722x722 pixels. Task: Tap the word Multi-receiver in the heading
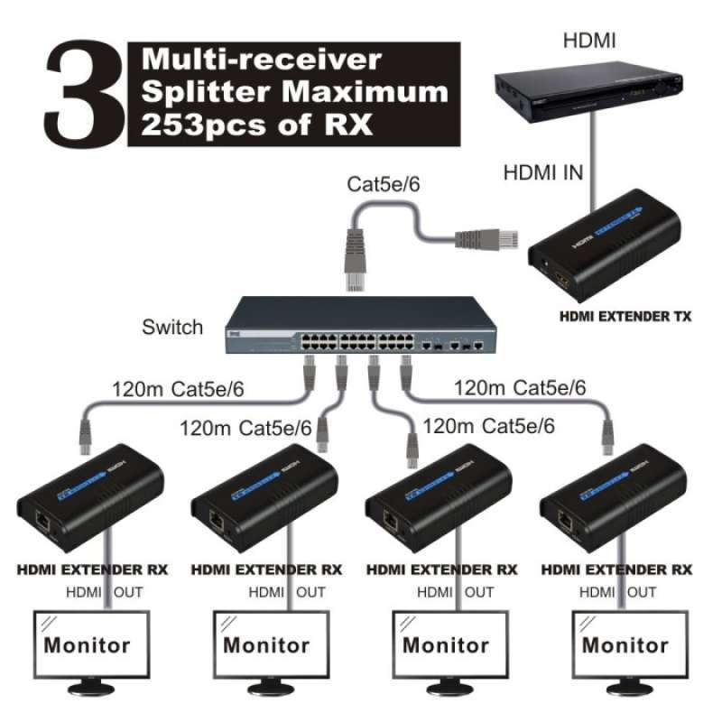(x=262, y=61)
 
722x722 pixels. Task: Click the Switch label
(x=172, y=327)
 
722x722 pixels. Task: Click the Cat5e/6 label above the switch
(x=383, y=185)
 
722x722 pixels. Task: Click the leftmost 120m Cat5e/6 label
(x=178, y=391)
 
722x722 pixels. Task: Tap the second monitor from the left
(x=266, y=648)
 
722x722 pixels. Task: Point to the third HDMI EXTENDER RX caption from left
(x=442, y=569)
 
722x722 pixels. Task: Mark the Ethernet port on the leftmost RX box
(x=42, y=521)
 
